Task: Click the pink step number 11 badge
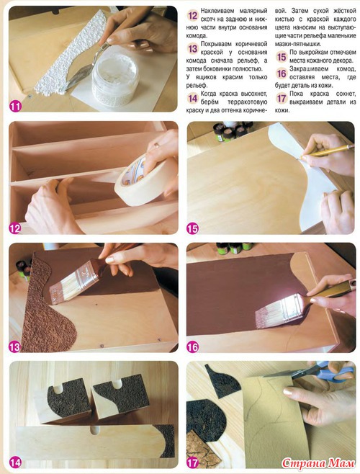click(x=15, y=107)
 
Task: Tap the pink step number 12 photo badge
click(x=15, y=228)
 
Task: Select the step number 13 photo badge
click(x=14, y=347)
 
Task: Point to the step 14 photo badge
click(x=15, y=462)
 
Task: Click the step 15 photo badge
click(x=192, y=229)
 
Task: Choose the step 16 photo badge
click(x=192, y=347)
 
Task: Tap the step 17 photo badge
click(x=192, y=462)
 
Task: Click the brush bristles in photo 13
click(x=64, y=287)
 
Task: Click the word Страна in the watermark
click(x=303, y=462)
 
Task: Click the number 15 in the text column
click(x=282, y=56)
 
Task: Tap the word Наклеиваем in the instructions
click(x=217, y=11)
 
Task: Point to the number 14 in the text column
click(x=192, y=98)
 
